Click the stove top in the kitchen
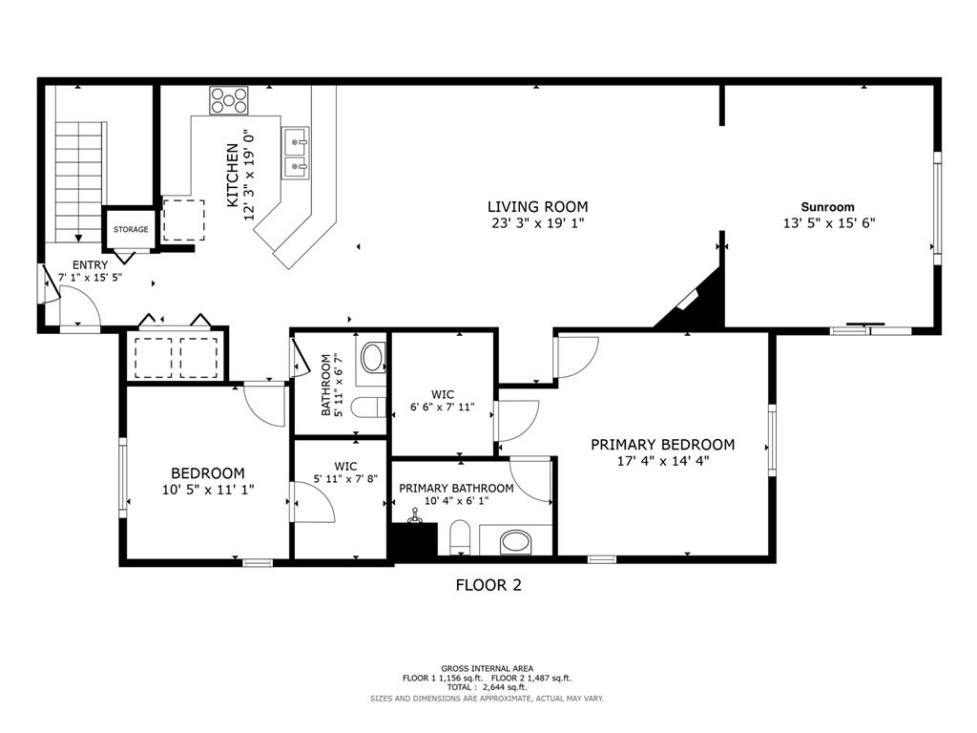[x=229, y=100]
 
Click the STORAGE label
[x=131, y=230]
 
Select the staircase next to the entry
[x=77, y=181]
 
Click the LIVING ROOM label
[x=537, y=206]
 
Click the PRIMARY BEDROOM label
[x=662, y=445]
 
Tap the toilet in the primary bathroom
[x=459, y=537]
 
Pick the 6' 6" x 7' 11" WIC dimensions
[x=442, y=409]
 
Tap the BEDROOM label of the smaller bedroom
[x=207, y=473]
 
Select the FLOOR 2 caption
[x=488, y=585]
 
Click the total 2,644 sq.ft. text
[x=488, y=687]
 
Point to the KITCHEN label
[x=232, y=176]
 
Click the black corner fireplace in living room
[x=699, y=304]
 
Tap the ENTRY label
[x=90, y=265]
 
